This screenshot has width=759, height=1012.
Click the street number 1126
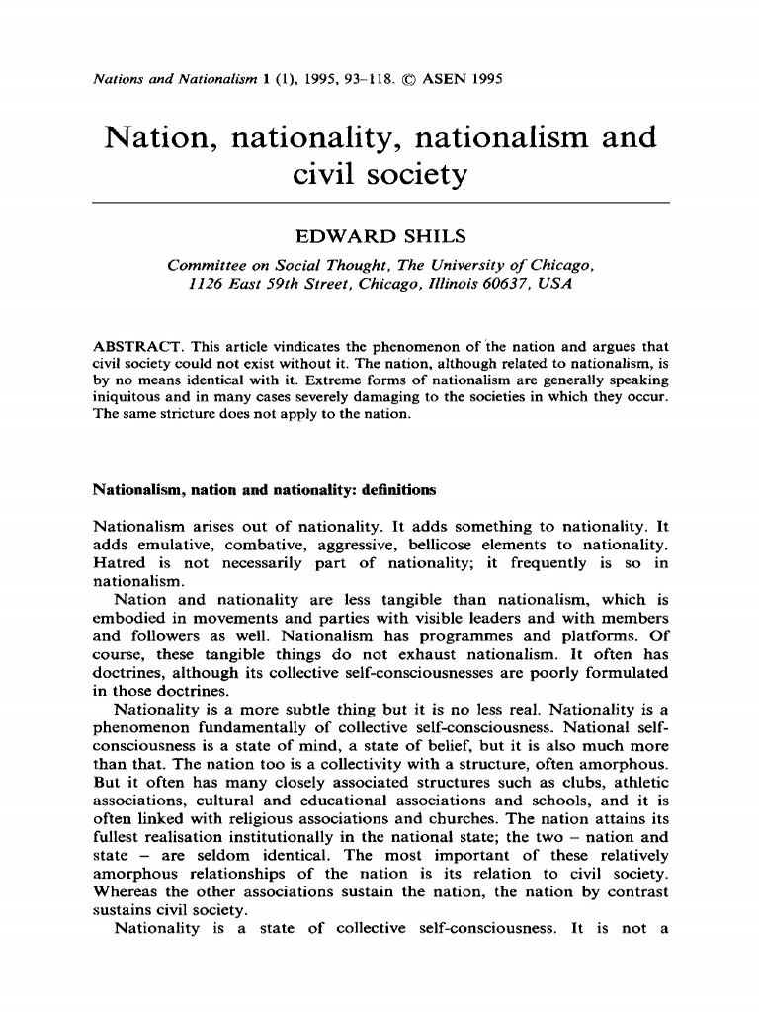pyautogui.click(x=208, y=283)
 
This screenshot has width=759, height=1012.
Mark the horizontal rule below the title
pyautogui.click(x=379, y=202)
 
